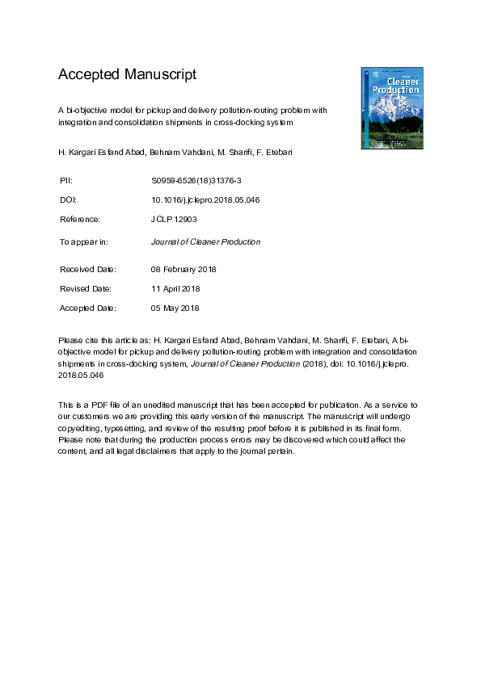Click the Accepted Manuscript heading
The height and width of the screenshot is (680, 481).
click(x=127, y=75)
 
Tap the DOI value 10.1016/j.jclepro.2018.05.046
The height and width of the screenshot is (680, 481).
click(x=205, y=199)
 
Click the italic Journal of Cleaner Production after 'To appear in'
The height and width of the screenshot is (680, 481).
click(x=205, y=241)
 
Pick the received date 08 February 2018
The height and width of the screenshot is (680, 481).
click(x=184, y=269)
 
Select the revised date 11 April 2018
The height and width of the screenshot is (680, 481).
click(x=175, y=288)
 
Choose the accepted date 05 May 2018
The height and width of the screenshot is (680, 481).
click(x=175, y=308)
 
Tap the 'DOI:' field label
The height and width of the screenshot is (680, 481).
click(x=68, y=199)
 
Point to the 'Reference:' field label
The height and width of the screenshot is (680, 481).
click(x=80, y=220)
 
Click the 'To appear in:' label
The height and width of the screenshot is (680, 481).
click(x=84, y=241)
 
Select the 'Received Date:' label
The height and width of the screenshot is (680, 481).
click(x=88, y=269)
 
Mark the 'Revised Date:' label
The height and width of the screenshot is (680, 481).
click(x=86, y=288)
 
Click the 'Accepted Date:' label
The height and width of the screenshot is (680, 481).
click(x=89, y=308)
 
